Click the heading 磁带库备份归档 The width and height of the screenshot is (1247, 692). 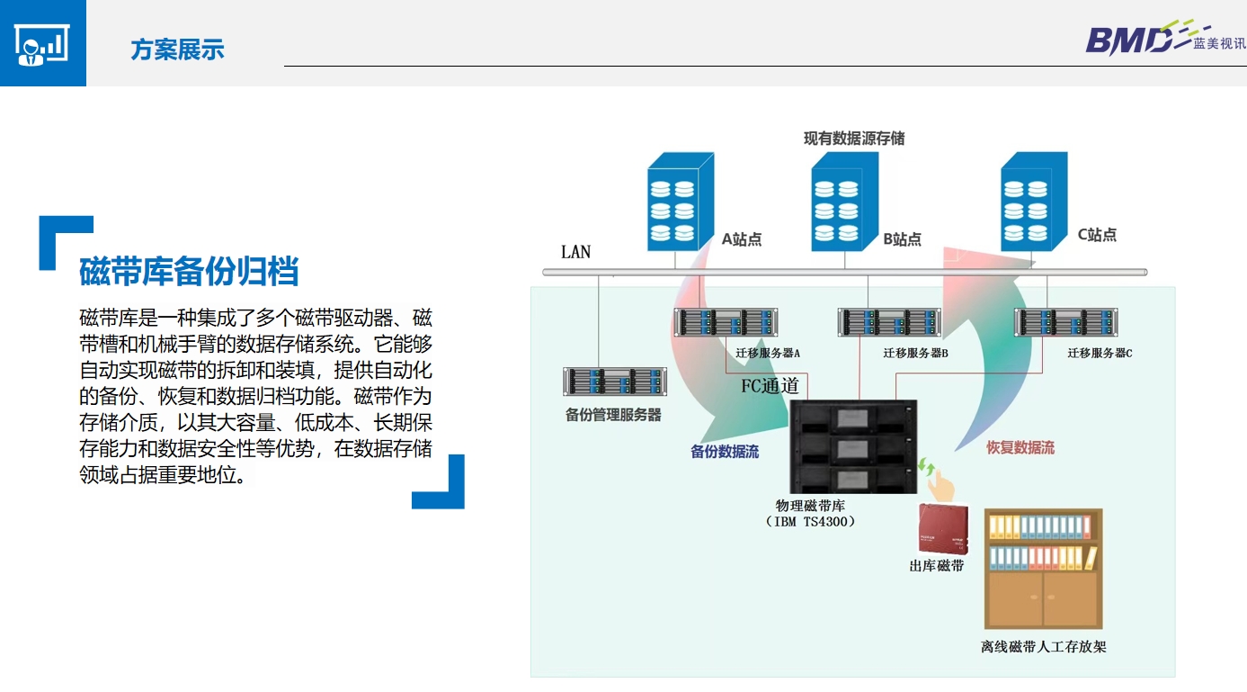[x=189, y=271]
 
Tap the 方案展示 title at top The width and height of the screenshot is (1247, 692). [x=177, y=49]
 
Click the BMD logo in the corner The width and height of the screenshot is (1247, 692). [x=1165, y=39]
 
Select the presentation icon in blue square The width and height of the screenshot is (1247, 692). [x=42, y=42]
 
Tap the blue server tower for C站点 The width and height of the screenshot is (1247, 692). [x=1035, y=201]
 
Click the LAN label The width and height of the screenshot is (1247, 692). [x=575, y=252]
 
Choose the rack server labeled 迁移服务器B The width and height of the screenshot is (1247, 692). [x=889, y=322]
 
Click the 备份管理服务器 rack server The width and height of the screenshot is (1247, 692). [x=615, y=382]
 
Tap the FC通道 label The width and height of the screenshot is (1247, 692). [x=770, y=387]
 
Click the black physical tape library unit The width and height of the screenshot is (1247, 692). [x=852, y=446]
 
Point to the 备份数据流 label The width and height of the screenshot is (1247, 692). [x=725, y=452]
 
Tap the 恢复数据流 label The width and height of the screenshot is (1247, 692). [x=1020, y=447]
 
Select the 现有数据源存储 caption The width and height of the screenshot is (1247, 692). [x=854, y=139]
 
